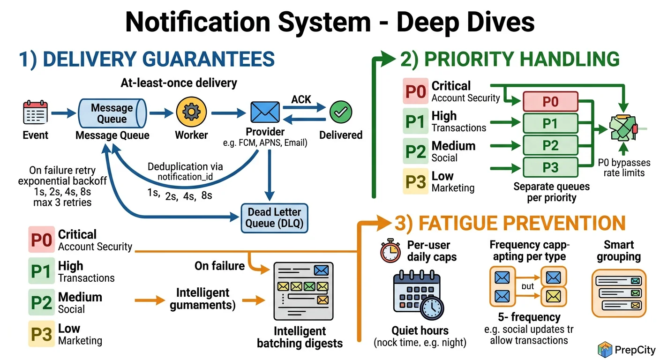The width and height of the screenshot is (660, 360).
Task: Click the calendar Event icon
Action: point(35,112)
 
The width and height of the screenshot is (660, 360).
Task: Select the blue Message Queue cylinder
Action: point(112,113)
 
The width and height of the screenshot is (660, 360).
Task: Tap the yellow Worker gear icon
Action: point(191,112)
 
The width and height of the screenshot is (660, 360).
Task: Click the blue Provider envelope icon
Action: point(265,112)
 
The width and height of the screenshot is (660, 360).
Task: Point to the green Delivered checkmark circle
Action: point(341,112)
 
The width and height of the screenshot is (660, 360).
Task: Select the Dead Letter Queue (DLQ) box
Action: point(275,218)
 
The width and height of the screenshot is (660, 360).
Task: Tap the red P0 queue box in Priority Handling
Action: point(550,102)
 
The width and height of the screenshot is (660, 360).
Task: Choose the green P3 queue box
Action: point(550,167)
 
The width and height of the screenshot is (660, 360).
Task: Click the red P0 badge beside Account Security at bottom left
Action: point(41,240)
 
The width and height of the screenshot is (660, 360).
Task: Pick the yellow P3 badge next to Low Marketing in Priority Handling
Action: point(415,182)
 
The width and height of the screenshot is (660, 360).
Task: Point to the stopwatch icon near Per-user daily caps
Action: point(390,251)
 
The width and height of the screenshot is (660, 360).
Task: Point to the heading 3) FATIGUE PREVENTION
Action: point(510,224)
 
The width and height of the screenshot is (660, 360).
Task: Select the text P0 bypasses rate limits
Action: point(624,168)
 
